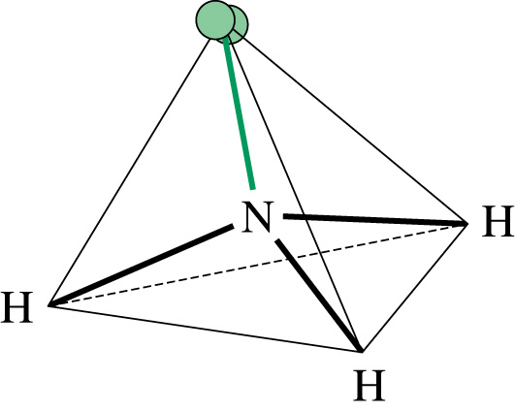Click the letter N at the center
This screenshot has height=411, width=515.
click(256, 217)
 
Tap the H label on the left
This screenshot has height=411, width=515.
click(16, 307)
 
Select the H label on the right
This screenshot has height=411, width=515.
click(498, 221)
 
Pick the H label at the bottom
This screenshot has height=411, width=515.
click(370, 385)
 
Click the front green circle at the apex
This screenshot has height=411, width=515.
click(215, 20)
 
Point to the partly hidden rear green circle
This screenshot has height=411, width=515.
click(241, 24)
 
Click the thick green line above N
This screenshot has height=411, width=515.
click(239, 113)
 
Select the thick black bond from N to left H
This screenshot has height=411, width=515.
click(142, 264)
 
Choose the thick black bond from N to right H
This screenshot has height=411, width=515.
click(375, 220)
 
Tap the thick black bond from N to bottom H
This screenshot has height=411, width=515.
click(318, 296)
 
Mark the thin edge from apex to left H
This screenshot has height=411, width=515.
click(129, 173)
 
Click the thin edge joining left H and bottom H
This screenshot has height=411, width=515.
click(205, 329)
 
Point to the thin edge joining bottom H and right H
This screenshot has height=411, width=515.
click(415, 288)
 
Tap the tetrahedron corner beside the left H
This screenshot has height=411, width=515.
click(48, 306)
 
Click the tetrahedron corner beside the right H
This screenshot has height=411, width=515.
click(468, 224)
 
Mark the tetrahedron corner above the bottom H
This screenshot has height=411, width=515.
click(362, 352)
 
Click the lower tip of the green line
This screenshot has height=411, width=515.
click(253, 189)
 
